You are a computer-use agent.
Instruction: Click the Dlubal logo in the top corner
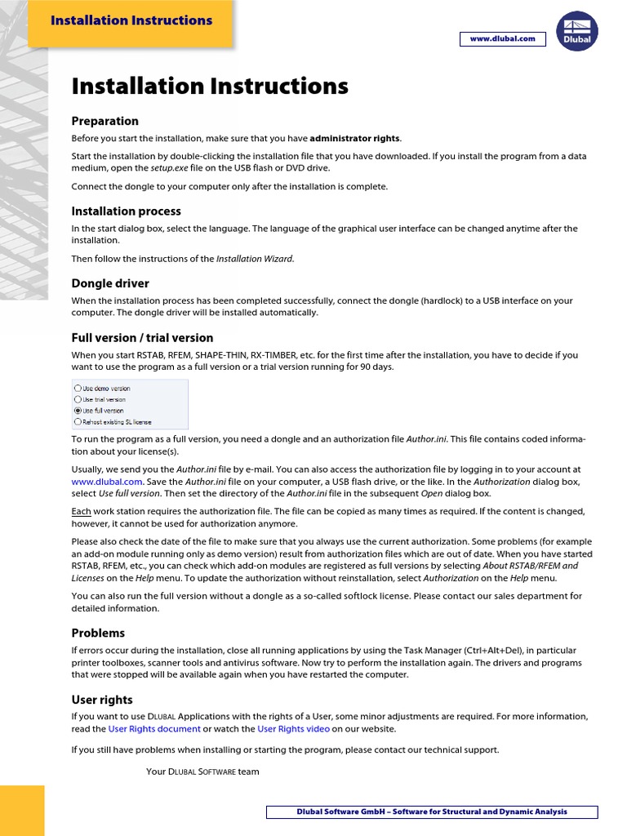[577, 31]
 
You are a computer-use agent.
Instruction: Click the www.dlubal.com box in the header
[502, 39]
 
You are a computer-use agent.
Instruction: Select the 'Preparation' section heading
[105, 121]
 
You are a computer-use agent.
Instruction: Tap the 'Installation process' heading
[127, 211]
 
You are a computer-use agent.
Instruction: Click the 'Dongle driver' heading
[110, 283]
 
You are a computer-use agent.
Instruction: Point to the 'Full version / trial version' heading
[142, 337]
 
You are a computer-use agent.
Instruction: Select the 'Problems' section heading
[98, 633]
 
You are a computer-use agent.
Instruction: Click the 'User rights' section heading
[102, 700]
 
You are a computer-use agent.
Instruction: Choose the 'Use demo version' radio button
[78, 389]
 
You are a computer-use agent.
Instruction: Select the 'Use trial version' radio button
[78, 400]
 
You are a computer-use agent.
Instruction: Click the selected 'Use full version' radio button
[78, 411]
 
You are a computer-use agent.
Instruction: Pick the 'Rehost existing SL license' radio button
[78, 422]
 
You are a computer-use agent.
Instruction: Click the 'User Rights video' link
[293, 729]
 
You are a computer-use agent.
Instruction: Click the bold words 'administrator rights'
[355, 137]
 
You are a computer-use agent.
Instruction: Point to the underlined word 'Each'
[81, 511]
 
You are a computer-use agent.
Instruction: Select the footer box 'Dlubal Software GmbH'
[432, 812]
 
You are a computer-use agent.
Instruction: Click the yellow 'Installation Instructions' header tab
[131, 21]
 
